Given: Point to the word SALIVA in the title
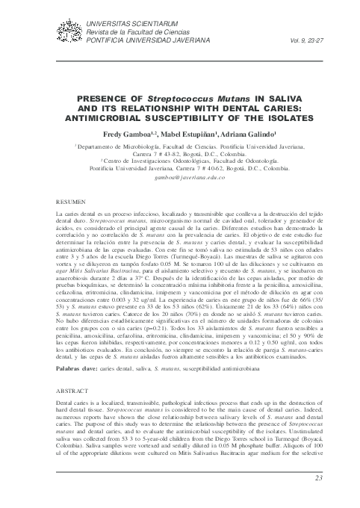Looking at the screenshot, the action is tap(261, 98).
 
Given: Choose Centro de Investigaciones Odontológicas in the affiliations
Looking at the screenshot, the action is tap(149, 162).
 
